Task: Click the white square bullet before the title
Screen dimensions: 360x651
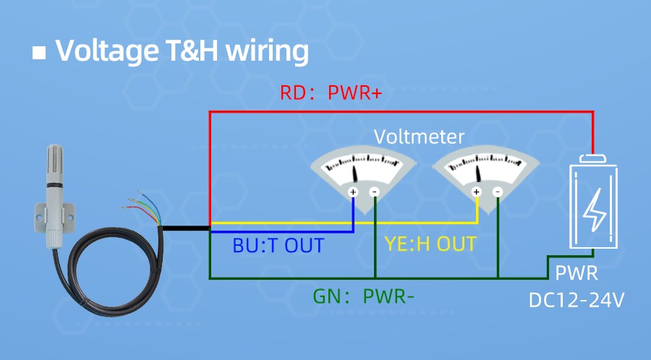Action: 40,53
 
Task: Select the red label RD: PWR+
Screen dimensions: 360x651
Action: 331,93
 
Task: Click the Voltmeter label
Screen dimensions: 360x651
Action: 419,137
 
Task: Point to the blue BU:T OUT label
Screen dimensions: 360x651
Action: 278,245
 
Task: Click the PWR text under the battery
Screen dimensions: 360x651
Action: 576,274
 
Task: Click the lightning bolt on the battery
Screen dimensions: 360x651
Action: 594,210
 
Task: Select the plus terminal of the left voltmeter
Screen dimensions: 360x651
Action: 353,192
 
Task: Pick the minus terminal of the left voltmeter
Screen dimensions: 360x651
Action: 375,192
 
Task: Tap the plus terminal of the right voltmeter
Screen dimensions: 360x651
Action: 476,192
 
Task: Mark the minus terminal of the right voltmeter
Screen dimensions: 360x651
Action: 498,192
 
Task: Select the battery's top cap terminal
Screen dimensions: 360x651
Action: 595,158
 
